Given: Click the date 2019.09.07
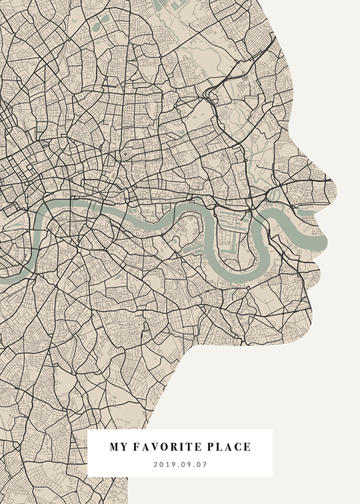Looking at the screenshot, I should (x=180, y=464).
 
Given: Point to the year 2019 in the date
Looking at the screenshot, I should (x=164, y=464).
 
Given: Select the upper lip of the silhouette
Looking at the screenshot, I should (x=321, y=222).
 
